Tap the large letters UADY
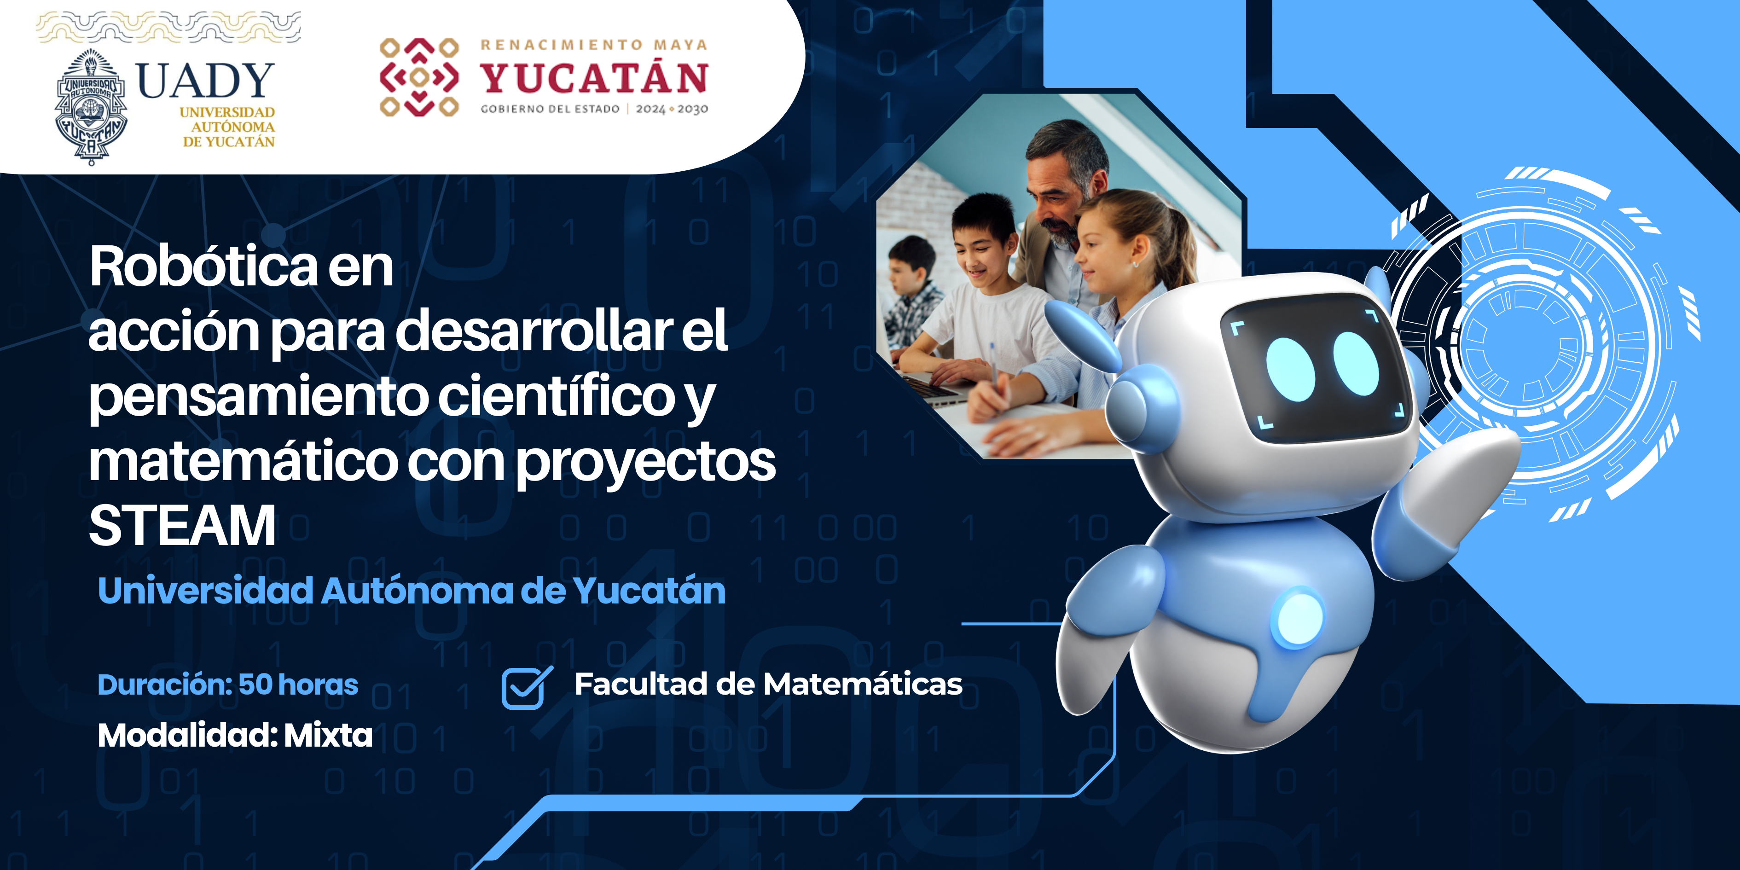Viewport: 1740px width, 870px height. [205, 81]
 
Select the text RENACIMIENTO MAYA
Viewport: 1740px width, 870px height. [594, 45]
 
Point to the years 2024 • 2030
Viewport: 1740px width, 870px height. [672, 109]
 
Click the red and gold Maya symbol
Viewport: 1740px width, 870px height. [419, 77]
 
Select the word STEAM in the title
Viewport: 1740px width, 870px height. [182, 526]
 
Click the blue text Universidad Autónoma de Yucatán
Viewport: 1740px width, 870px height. [412, 590]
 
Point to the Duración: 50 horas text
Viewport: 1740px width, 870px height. [228, 684]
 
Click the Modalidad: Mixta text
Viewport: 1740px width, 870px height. [235, 735]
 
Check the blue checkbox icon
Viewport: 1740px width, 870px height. [526, 688]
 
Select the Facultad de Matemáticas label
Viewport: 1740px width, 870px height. [768, 684]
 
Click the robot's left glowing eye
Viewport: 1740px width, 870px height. [1290, 369]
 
